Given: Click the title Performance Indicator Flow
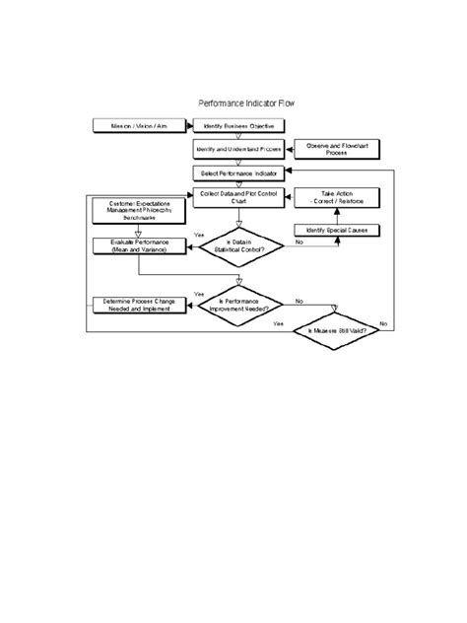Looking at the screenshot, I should point(245,103).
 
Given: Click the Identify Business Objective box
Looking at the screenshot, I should point(239,126).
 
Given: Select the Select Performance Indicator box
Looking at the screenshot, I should point(239,173).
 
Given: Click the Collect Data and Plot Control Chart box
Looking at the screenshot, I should point(239,197).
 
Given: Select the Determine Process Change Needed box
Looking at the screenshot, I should point(137,306).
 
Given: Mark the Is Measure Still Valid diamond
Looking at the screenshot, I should point(339,331).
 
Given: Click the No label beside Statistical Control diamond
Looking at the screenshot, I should point(299,242).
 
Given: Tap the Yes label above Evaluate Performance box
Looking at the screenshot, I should point(199,235).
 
